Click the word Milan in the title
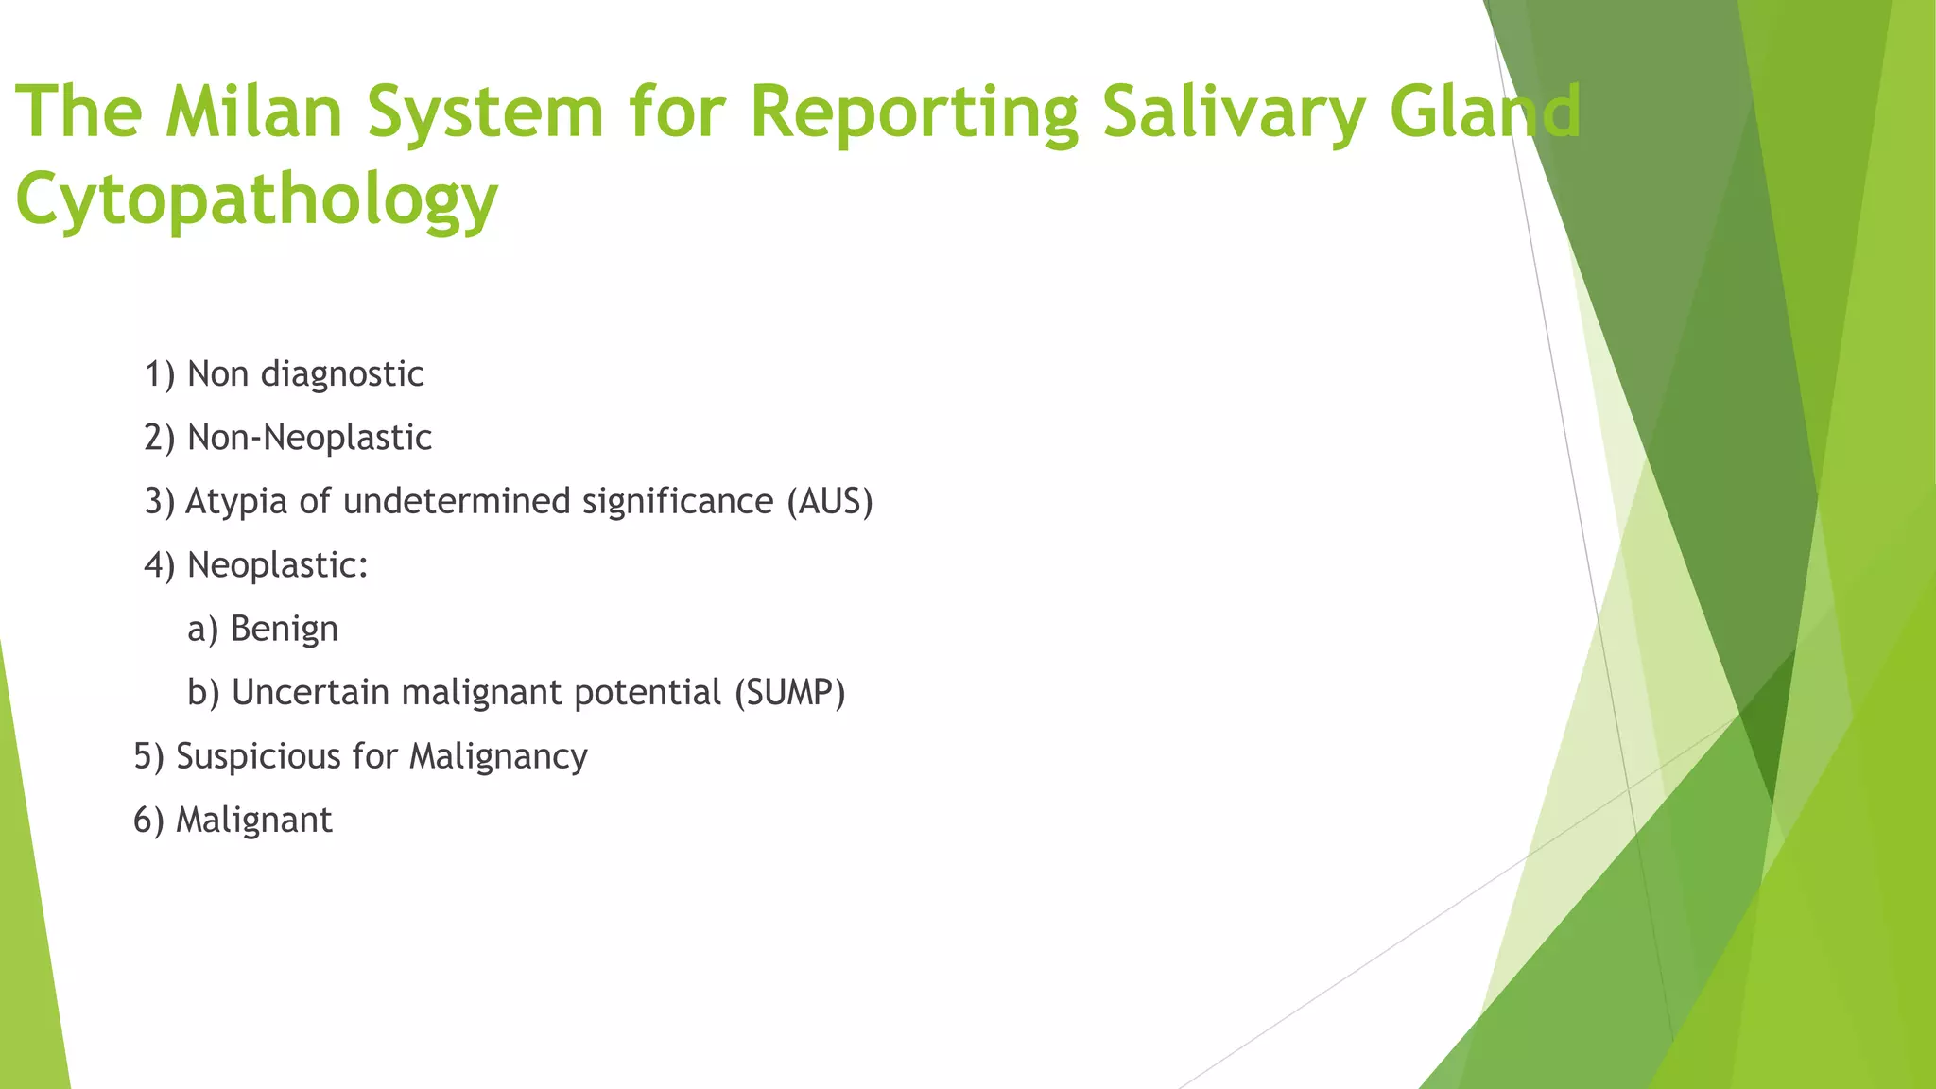252,112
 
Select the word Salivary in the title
1234,112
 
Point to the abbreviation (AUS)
830,501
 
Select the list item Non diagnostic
304,374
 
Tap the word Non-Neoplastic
309,438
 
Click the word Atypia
236,502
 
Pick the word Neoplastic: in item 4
278,565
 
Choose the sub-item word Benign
284,630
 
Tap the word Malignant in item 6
253,820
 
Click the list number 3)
160,501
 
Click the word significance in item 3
678,502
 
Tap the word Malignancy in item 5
498,757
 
